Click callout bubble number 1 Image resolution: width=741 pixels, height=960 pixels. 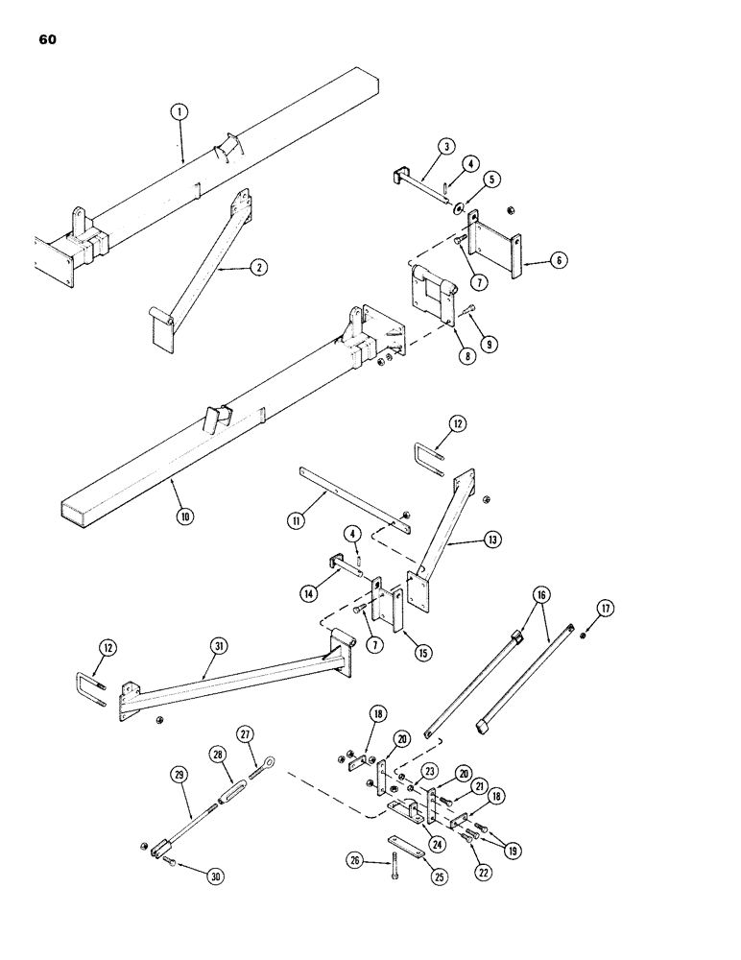(179, 111)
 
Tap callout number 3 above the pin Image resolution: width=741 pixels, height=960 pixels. (446, 147)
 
